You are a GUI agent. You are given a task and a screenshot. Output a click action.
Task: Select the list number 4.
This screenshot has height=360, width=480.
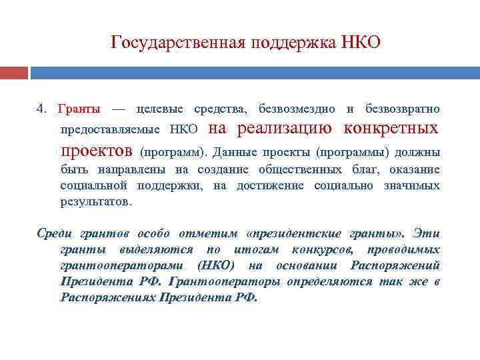41,109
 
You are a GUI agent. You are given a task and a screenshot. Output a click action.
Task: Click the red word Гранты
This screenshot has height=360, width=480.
79,109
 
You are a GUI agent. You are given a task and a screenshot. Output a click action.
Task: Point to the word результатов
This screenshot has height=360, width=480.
96,201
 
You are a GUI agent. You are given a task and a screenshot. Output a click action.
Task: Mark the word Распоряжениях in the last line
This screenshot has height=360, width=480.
106,297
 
